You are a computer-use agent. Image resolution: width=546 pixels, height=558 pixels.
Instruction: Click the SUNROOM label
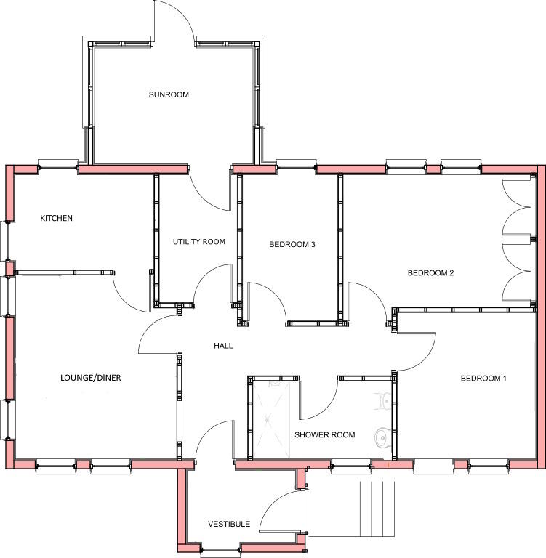click(169, 94)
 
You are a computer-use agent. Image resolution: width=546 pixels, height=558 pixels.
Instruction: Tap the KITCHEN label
click(56, 218)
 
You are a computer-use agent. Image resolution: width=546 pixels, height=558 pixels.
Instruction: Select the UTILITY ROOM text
click(198, 242)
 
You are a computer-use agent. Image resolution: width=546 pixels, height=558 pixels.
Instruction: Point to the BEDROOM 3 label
click(292, 245)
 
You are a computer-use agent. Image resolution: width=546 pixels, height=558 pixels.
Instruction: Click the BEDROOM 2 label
click(430, 273)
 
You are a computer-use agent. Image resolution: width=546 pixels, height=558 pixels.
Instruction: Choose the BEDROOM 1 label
click(483, 379)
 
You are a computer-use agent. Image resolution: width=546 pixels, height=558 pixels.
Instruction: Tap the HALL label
click(223, 346)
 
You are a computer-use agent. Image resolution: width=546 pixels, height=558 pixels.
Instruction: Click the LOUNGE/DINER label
click(91, 378)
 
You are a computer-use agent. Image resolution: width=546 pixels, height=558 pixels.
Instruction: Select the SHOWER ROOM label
click(324, 435)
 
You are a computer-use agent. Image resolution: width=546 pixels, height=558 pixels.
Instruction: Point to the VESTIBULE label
click(229, 524)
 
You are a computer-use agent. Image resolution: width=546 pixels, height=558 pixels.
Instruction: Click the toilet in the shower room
click(383, 401)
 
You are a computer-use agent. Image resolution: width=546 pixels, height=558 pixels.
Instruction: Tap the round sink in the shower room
click(381, 437)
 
